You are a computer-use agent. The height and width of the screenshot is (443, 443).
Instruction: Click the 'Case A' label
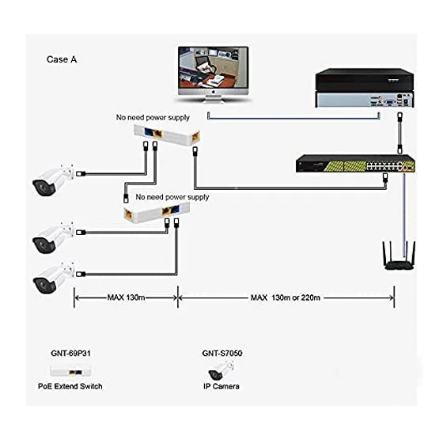[62, 59]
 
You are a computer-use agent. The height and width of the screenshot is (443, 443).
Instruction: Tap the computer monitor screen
[214, 68]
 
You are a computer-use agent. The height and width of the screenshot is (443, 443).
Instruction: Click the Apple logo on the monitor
[214, 92]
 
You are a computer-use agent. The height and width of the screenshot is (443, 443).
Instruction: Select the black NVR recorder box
[365, 88]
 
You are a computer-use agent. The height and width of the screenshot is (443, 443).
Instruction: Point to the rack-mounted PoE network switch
[355, 164]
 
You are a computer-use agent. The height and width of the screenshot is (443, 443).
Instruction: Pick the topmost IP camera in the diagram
[53, 180]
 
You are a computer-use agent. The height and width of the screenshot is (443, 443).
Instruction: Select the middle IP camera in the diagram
[53, 237]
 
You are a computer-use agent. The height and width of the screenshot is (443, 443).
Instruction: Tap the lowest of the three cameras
[54, 278]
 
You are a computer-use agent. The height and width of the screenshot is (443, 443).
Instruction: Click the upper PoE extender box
[167, 135]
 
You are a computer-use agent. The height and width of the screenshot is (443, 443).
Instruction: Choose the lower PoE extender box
[157, 213]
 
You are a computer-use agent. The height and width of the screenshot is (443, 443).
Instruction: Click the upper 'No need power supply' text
[153, 118]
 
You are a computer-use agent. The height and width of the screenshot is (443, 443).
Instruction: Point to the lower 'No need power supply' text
[172, 197]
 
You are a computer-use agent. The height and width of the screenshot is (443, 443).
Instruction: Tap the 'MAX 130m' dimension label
[126, 297]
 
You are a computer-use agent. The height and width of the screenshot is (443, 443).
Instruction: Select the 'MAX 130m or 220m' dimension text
[286, 297]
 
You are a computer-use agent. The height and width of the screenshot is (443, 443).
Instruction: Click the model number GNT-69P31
[70, 353]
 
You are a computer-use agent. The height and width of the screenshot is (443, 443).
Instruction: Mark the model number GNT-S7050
[222, 353]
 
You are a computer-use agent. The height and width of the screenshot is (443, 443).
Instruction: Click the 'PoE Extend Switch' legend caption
[70, 386]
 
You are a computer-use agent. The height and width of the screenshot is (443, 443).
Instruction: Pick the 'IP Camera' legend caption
[221, 386]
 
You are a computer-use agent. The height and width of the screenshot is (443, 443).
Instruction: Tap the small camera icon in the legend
[221, 370]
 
